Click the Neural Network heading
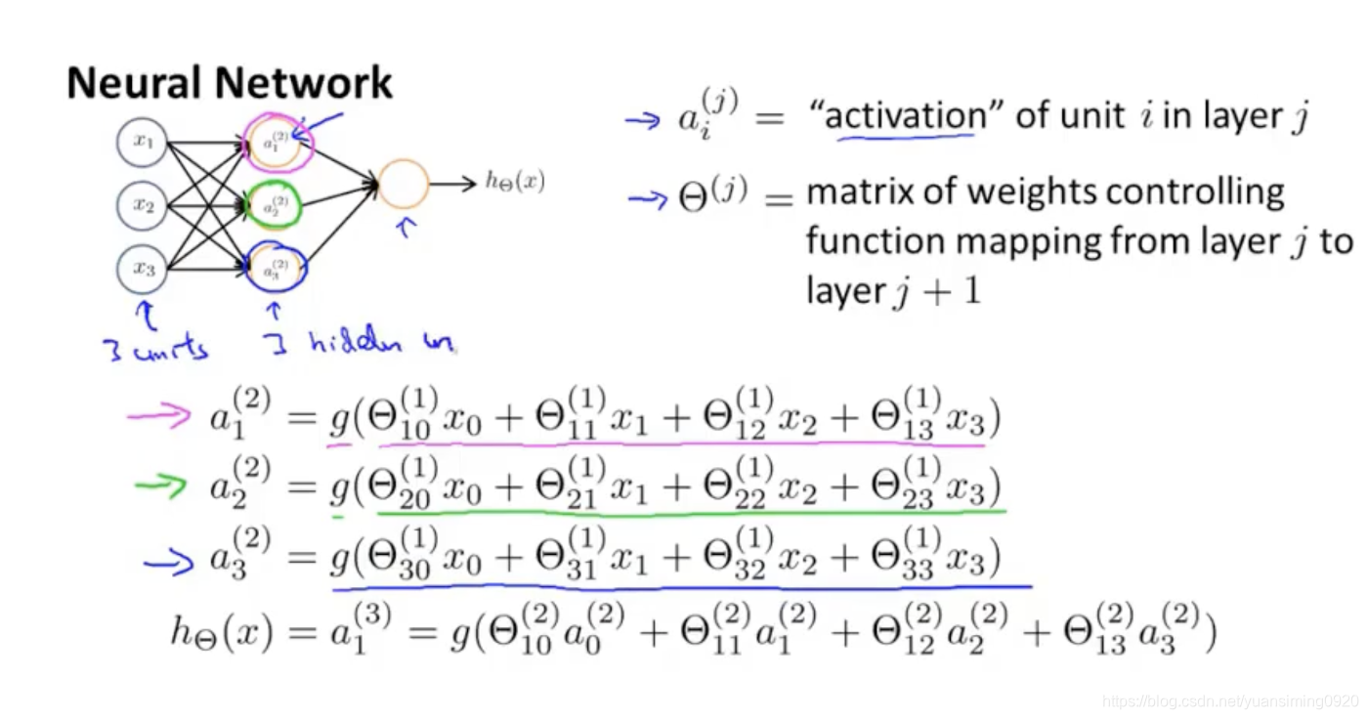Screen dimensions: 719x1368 click(230, 84)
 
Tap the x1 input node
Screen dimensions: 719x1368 click(144, 143)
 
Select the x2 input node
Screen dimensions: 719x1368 click(144, 205)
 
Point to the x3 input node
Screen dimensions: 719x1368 click(144, 269)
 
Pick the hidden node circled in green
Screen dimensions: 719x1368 click(275, 206)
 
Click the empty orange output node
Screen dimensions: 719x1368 click(404, 183)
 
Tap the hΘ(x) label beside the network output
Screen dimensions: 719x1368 click(515, 182)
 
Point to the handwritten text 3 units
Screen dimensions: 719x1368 click(157, 347)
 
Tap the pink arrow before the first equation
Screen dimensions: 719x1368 click(158, 417)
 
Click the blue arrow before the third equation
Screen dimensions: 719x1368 click(168, 562)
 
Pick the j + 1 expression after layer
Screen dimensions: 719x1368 click(934, 292)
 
